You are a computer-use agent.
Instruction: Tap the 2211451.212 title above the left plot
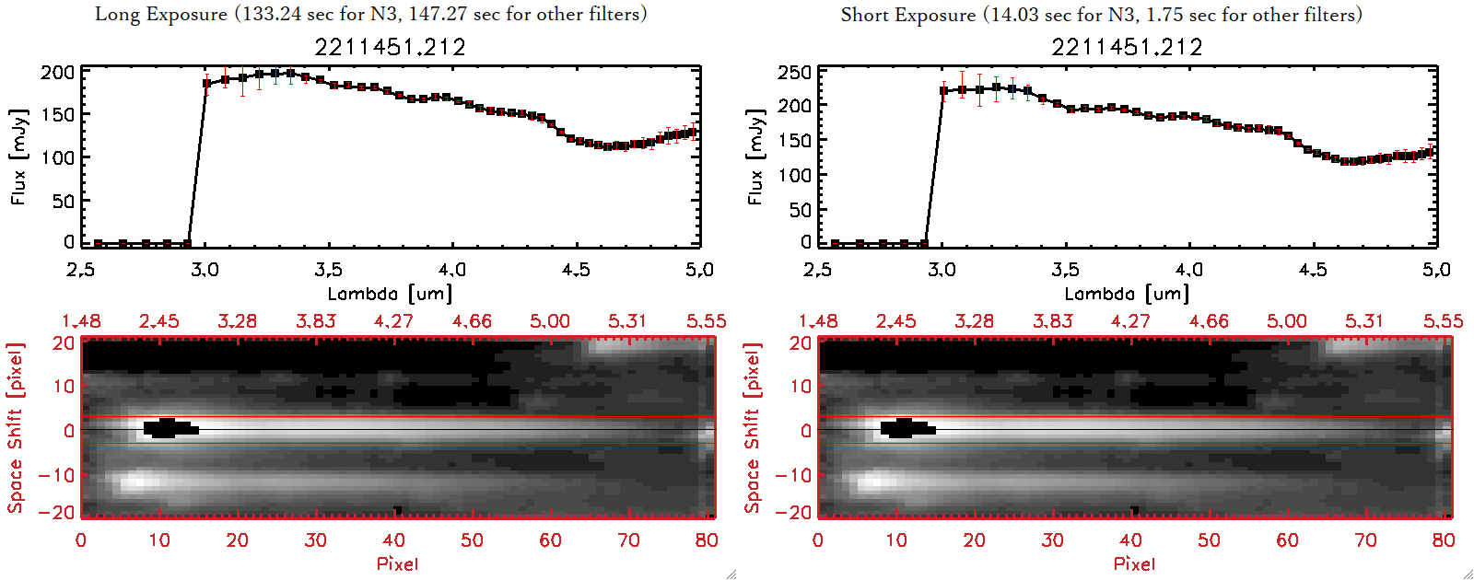point(390,47)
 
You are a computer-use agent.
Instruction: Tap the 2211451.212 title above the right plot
point(1127,47)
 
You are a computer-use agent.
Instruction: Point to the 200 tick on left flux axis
point(57,72)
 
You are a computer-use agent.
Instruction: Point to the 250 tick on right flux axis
point(794,72)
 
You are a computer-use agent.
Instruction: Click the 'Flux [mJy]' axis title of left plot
point(19,157)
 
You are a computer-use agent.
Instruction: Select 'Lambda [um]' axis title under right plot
point(1127,294)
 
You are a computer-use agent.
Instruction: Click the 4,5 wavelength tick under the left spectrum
point(576,270)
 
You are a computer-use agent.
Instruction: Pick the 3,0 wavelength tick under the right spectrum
point(941,270)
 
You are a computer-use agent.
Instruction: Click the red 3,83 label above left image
point(316,321)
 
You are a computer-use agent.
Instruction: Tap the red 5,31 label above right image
point(1364,321)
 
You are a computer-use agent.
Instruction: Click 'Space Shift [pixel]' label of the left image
point(15,428)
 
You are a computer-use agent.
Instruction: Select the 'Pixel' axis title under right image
point(1134,563)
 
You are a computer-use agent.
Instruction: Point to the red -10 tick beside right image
point(793,475)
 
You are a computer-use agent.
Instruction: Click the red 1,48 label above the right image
point(818,321)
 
